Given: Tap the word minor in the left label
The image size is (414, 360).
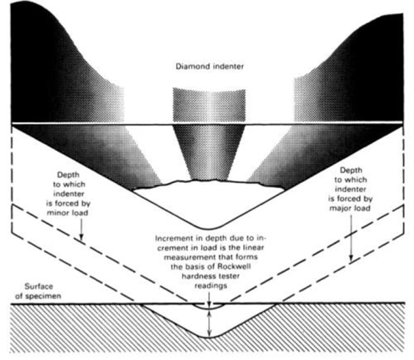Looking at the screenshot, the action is (x=57, y=213).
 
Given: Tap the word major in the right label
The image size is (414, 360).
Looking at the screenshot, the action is (x=339, y=208).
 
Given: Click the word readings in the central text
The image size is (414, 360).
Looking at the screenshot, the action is (x=211, y=286).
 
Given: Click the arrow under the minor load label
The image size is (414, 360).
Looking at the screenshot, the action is (x=81, y=229).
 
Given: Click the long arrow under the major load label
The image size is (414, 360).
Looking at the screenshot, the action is (x=351, y=237).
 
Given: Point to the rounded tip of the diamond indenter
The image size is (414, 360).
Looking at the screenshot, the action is (x=208, y=228).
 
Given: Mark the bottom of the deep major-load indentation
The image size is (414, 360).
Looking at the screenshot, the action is (x=209, y=336).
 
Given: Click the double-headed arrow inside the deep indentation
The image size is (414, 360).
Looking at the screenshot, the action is (x=209, y=323).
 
